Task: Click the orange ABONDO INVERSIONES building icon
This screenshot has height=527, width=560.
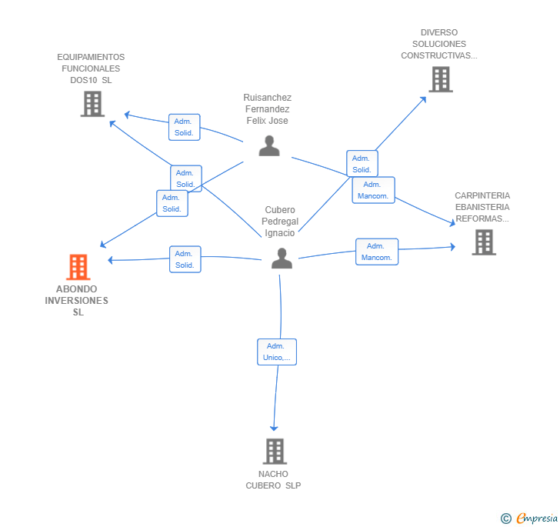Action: tap(78, 267)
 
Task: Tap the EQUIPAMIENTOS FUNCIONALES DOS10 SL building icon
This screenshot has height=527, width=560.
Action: tap(92, 104)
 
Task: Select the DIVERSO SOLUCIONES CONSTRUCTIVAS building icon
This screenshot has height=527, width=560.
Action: tap(440, 79)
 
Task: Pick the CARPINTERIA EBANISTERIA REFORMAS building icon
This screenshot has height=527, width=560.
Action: tap(483, 242)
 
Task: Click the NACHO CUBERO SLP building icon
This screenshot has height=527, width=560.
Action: tap(275, 451)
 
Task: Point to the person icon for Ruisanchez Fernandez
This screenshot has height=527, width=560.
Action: tap(269, 145)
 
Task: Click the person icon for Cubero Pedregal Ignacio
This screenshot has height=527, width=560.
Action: tap(282, 258)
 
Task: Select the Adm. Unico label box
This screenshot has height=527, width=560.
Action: tap(276, 352)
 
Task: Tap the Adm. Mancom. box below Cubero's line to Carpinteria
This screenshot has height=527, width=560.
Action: tap(377, 252)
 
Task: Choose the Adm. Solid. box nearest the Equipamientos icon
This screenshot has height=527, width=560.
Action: tap(184, 127)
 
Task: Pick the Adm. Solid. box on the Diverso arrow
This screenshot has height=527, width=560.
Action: tap(362, 164)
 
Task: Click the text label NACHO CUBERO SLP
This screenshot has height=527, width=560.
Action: tap(275, 479)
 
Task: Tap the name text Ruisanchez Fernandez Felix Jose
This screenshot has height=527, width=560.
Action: tap(267, 109)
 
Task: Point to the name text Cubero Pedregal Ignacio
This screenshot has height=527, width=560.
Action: tap(280, 222)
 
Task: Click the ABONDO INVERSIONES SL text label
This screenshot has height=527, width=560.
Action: tap(77, 301)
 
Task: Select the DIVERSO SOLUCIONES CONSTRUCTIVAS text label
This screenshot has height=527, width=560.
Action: tap(439, 44)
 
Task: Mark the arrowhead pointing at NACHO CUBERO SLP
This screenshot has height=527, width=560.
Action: tap(274, 428)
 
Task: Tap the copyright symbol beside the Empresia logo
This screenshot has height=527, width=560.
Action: tap(505, 519)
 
